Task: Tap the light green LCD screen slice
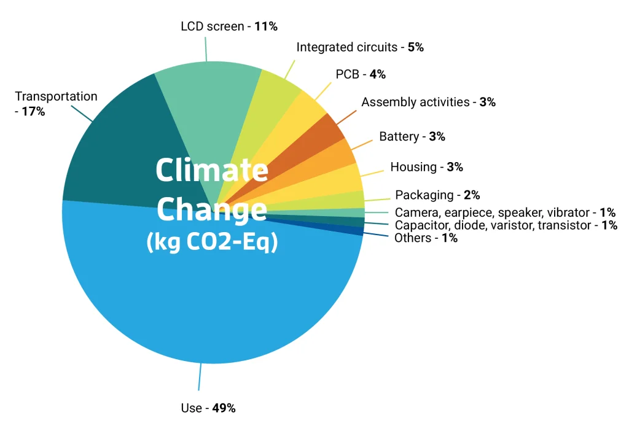click(x=209, y=98)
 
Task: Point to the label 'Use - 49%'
click(x=208, y=408)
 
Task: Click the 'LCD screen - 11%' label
click(x=229, y=27)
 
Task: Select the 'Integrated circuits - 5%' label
click(x=360, y=47)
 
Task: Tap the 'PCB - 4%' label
click(x=361, y=74)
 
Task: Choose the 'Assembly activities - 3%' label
click(x=428, y=102)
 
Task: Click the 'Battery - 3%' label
click(x=412, y=136)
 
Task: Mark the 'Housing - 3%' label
click(x=426, y=167)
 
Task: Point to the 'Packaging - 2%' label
click(x=437, y=195)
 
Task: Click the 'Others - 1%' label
click(x=426, y=238)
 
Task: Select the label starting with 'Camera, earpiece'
click(x=505, y=212)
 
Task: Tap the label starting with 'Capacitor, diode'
click(x=506, y=225)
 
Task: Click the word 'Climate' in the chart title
click(x=212, y=170)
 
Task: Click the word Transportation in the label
click(x=56, y=96)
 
